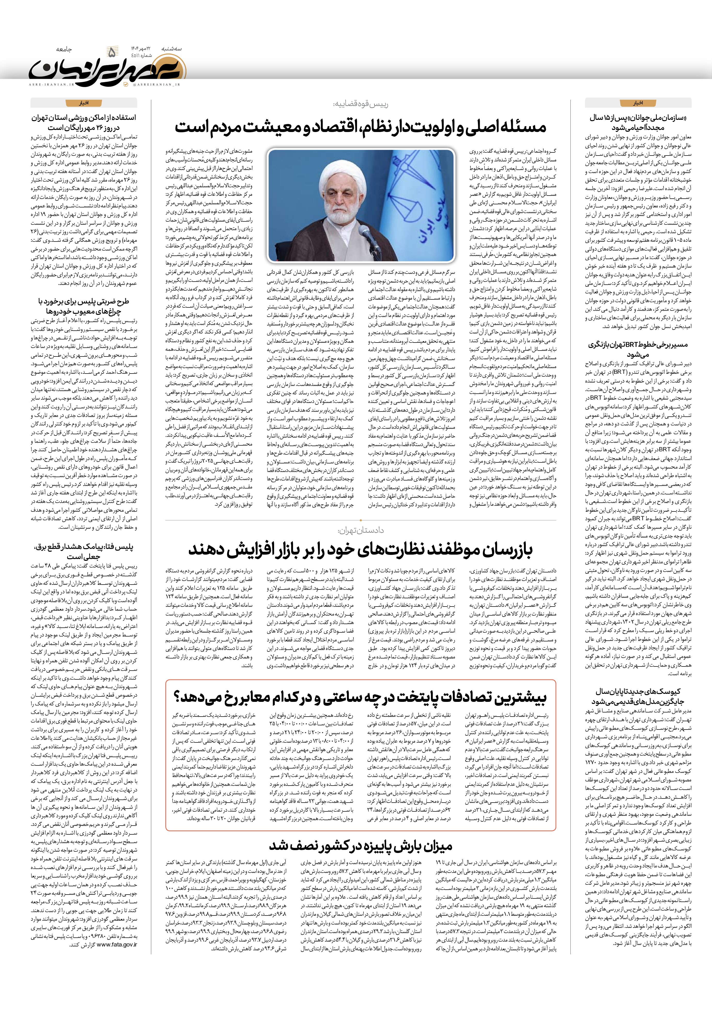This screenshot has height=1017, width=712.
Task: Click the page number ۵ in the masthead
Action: [112, 53]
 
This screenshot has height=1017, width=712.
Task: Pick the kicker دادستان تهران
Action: [360, 531]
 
